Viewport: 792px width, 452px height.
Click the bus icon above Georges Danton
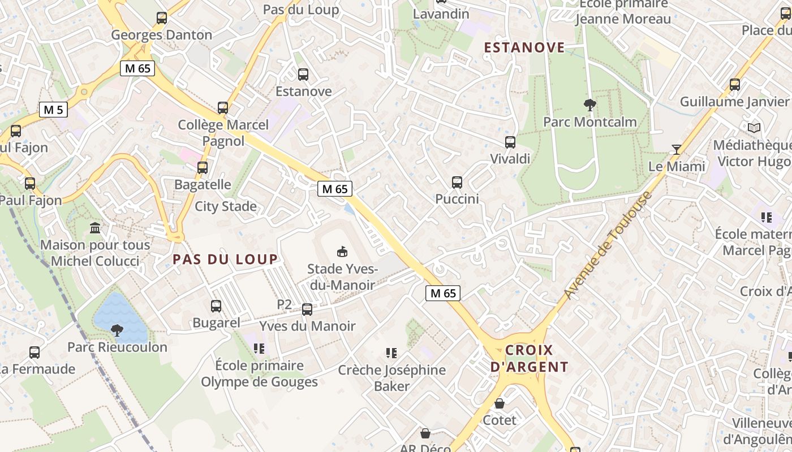(162, 18)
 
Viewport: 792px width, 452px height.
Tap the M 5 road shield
(53, 110)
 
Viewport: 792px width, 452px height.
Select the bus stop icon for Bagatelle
(203, 168)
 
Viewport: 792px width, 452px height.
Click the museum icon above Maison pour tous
(96, 228)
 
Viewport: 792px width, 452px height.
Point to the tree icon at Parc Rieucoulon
(117, 330)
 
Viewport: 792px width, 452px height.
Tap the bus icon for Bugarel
(216, 306)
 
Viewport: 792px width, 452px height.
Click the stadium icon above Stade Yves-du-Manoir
(342, 251)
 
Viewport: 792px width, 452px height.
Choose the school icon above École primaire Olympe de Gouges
(259, 348)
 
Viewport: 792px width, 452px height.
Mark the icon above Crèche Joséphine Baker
(391, 353)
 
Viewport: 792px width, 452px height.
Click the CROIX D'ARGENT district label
(529, 358)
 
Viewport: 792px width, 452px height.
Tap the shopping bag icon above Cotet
(500, 403)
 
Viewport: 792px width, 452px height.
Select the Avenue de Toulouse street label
(609, 246)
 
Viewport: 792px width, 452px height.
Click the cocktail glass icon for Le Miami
(676, 150)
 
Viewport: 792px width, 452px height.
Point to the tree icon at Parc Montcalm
(589, 105)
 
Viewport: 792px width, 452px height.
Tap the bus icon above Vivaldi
(510, 142)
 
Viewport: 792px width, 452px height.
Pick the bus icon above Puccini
(457, 182)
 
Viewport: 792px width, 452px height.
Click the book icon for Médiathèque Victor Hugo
(754, 128)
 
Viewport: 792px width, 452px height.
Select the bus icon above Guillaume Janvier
(735, 85)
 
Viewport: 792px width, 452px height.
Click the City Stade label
(226, 206)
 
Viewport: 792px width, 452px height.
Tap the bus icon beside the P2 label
(307, 309)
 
